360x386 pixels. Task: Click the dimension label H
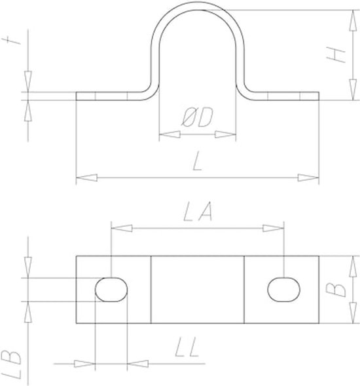click(x=336, y=55)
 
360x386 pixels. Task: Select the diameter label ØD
click(x=197, y=118)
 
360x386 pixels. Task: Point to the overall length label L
click(x=197, y=161)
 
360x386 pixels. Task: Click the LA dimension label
click(x=198, y=211)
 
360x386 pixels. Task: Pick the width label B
click(x=336, y=290)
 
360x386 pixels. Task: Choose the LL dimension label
click(x=187, y=347)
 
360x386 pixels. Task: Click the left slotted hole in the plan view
click(x=111, y=290)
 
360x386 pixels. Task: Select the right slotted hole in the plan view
click(x=284, y=290)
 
